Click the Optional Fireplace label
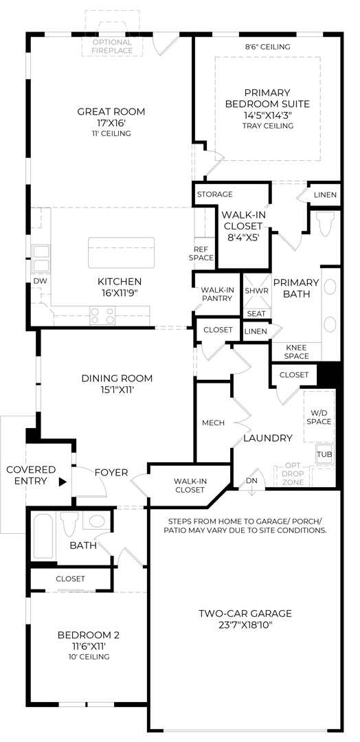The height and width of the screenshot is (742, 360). [x=112, y=46]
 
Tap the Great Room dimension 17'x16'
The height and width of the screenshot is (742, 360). [x=111, y=122]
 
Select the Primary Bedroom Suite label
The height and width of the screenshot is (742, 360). [x=267, y=98]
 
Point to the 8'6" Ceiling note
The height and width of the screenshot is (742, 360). [x=267, y=47]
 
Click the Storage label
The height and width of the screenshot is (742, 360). [x=215, y=194]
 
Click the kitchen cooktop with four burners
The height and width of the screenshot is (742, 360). [x=102, y=315]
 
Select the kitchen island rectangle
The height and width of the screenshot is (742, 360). [x=121, y=252]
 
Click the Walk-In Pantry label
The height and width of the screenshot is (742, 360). [x=216, y=294]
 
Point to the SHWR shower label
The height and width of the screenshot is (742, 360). [x=256, y=291]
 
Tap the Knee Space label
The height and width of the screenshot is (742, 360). [x=297, y=352]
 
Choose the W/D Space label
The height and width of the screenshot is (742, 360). [x=319, y=417]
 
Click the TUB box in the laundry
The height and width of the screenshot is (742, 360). [x=324, y=454]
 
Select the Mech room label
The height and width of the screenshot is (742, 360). [x=214, y=423]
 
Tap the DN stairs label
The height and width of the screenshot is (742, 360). [x=251, y=481]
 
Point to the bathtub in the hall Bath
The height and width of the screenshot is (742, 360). [x=43, y=537]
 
